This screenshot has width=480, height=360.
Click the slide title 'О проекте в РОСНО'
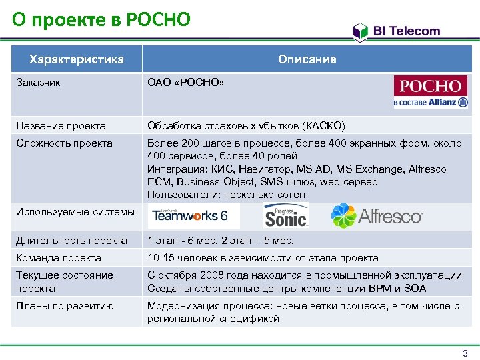[101, 19]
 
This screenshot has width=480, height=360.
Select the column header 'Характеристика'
[77, 59]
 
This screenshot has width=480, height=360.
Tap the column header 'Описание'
[307, 59]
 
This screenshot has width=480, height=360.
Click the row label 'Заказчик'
[38, 83]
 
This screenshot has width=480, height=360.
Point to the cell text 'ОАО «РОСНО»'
[186, 83]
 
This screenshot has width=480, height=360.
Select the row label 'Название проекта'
[61, 125]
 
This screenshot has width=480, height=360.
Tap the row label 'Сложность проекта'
[64, 143]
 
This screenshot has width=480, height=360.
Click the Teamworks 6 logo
[190, 215]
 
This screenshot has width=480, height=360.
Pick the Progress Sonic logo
[286, 215]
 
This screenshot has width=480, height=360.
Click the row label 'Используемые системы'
[75, 212]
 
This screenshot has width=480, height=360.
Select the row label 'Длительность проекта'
[71, 241]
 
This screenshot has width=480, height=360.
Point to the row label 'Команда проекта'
[59, 258]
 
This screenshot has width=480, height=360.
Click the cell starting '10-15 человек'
[263, 258]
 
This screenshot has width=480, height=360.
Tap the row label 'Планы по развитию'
[65, 306]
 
